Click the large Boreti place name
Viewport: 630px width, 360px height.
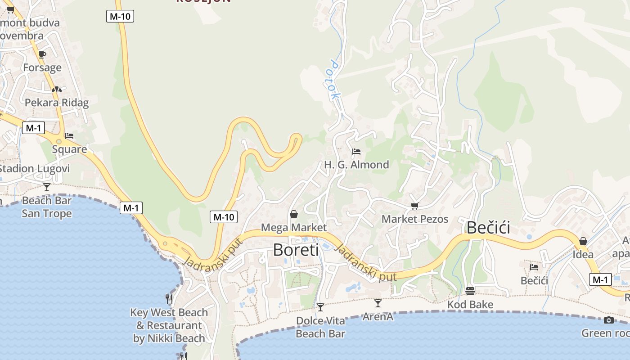coord(296,250)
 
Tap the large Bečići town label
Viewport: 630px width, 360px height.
coord(488,228)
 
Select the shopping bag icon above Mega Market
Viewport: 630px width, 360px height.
coord(294,214)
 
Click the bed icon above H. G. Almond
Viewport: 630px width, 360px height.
coord(356,152)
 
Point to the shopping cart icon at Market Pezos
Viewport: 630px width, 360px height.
coord(414,206)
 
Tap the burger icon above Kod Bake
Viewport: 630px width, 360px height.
coord(470,291)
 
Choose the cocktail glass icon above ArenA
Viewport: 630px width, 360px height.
coord(378,303)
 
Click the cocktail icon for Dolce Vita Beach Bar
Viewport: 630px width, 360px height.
coord(320,307)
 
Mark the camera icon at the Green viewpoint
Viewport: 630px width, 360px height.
coord(609,320)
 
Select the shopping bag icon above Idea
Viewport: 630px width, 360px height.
coord(583,241)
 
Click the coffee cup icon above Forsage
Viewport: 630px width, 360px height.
coord(42,54)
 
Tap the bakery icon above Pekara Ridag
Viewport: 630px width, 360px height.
coord(56,90)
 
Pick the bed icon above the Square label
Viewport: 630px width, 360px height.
coord(69,135)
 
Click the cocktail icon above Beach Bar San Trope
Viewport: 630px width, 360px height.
coord(47,187)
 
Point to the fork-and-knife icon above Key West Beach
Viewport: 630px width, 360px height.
coord(169,298)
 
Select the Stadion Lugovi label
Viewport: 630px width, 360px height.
coord(35,169)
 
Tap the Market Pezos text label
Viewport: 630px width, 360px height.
coord(415,219)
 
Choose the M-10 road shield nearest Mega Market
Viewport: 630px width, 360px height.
coord(224,217)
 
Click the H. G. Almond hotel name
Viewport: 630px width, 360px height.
coord(356,165)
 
